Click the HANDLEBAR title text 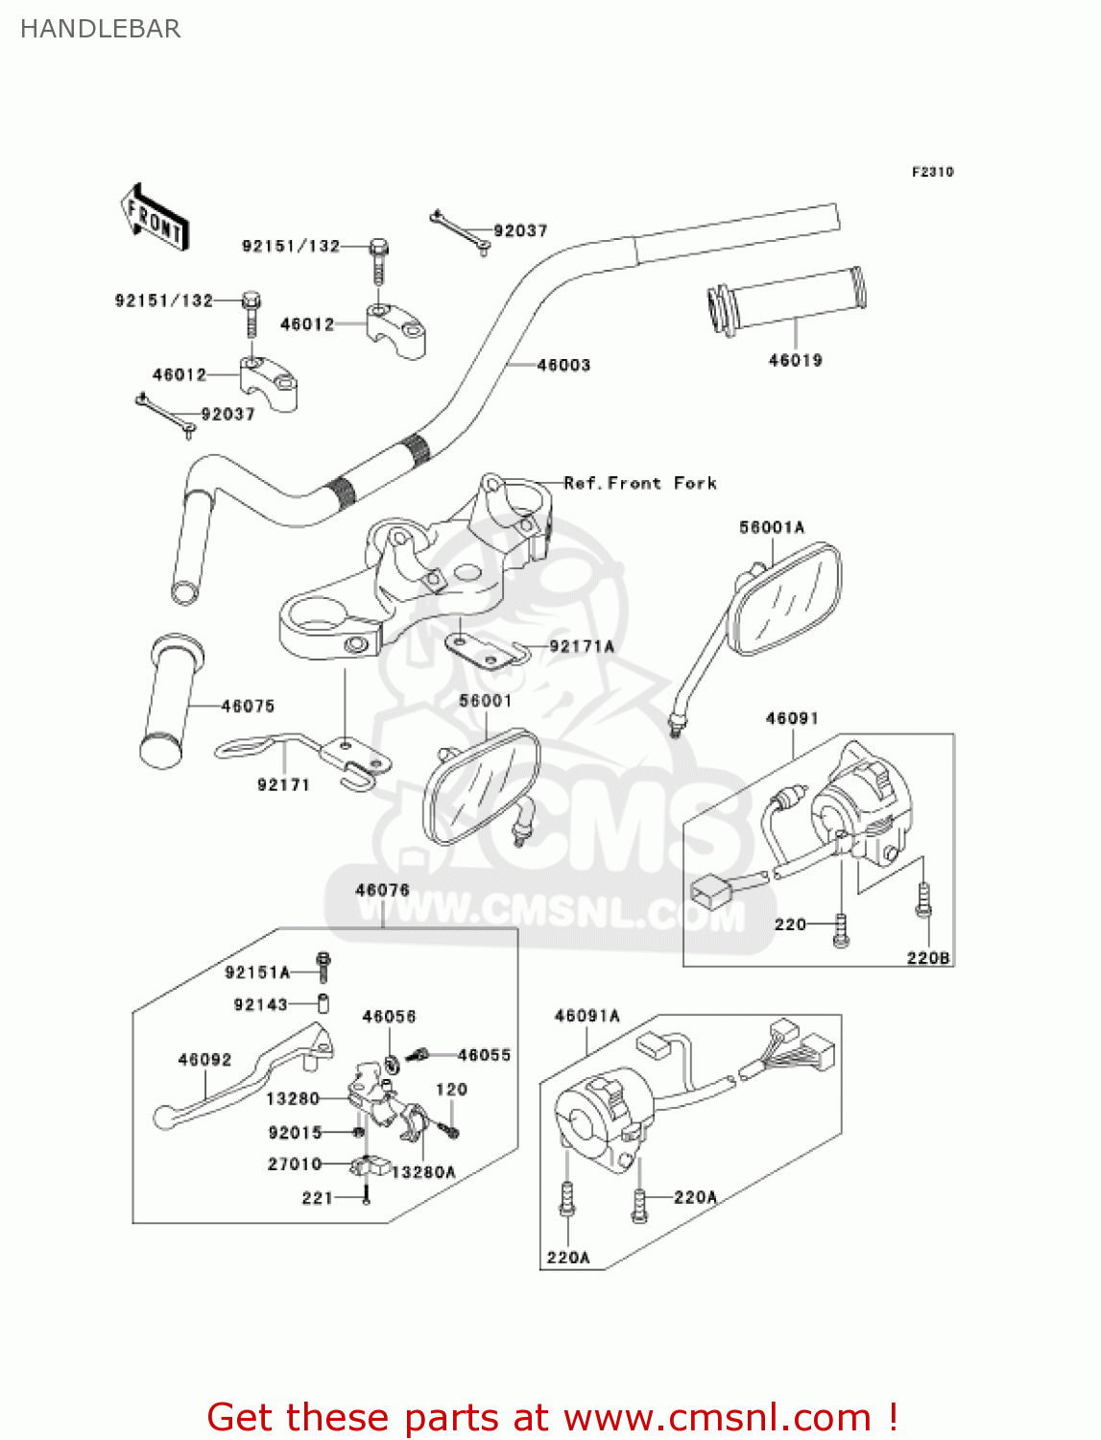click(x=100, y=29)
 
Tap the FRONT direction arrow click(x=154, y=218)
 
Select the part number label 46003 click(x=563, y=365)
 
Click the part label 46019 click(x=795, y=360)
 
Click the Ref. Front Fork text click(x=639, y=483)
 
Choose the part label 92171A click(x=581, y=646)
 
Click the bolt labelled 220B click(x=923, y=901)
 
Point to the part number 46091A click(x=586, y=1016)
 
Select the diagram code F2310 click(x=932, y=172)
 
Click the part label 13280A click(x=423, y=1172)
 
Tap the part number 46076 click(x=382, y=890)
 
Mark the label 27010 click(x=295, y=1164)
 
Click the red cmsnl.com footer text click(x=552, y=1417)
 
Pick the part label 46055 click(x=484, y=1055)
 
